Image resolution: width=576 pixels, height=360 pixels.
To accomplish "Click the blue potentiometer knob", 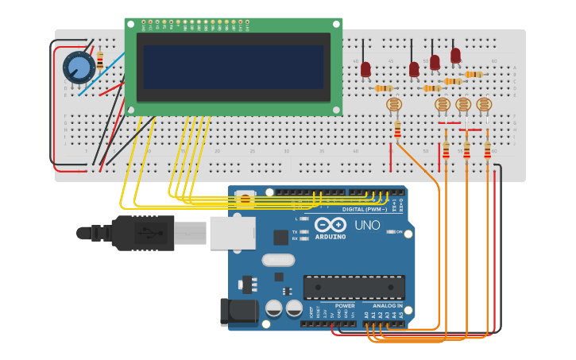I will [79, 68].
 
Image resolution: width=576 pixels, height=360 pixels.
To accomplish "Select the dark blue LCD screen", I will [234, 67].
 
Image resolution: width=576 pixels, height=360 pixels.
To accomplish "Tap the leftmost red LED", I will [365, 69].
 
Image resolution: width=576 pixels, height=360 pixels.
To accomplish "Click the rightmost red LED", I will [455, 56].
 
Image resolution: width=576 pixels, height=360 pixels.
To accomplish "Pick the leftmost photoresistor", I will [393, 104].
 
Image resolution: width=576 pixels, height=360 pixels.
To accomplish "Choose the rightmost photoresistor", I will [484, 104].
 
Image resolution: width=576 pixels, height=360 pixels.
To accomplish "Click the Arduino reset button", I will [246, 197].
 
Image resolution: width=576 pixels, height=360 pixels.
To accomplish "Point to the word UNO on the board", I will [367, 226].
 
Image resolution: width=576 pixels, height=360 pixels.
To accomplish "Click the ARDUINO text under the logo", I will [331, 236].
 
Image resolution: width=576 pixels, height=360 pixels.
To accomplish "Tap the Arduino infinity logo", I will [331, 224].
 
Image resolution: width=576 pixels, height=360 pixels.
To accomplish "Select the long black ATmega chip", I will [354, 287].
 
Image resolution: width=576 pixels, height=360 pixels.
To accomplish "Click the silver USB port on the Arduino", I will [232, 233].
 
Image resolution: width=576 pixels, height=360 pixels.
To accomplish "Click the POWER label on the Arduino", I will [345, 305].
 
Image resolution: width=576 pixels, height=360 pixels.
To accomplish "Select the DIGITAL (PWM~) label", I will [365, 209].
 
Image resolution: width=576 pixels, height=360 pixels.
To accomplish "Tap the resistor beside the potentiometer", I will [100, 60].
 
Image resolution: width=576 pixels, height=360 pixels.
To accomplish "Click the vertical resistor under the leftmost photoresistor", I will [397, 130].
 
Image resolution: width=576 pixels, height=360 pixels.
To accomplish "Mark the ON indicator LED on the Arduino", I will [391, 232].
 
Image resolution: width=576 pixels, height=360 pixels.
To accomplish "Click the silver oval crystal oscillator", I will [278, 259].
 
